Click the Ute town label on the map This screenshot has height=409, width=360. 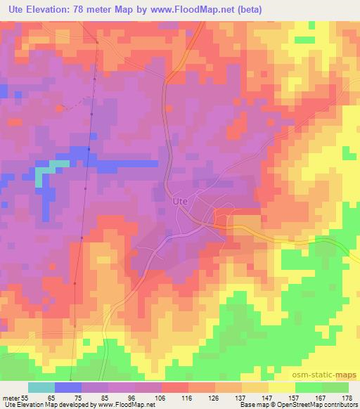click(x=180, y=200)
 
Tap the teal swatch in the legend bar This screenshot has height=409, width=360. click(x=41, y=387)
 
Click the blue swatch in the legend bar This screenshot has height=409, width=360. click(x=68, y=387)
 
